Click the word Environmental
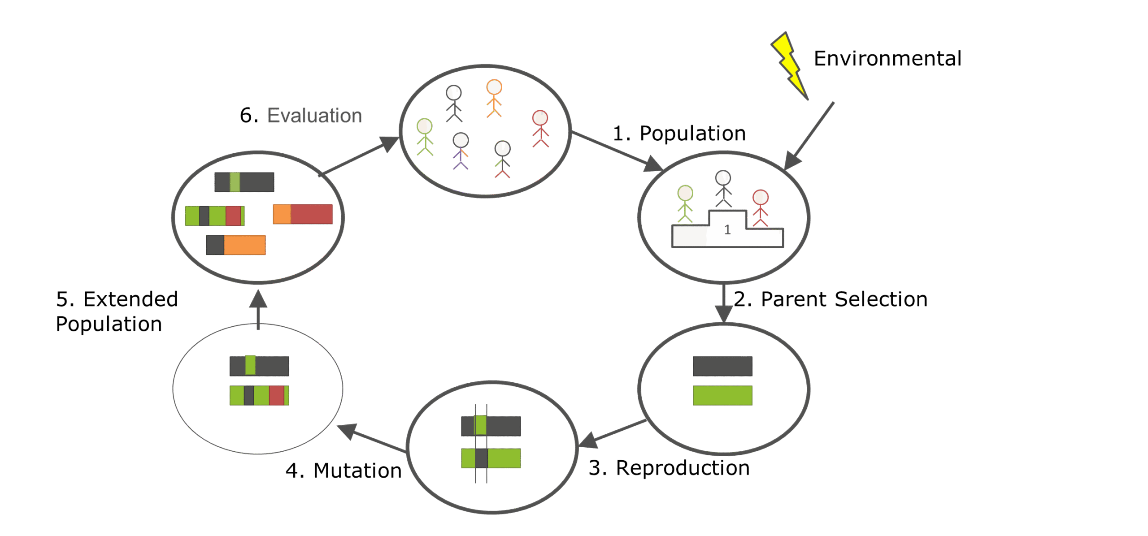pos(887,59)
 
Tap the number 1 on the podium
pos(727,230)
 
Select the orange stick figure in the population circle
pos(494,98)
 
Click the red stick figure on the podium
pos(760,208)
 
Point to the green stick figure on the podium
pos(685,204)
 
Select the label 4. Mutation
pos(344,471)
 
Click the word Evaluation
pos(314,116)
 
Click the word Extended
pos(130,299)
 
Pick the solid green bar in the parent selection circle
pos(722,395)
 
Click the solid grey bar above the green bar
pos(722,366)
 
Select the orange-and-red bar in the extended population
pos(303,214)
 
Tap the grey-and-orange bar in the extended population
pos(236,245)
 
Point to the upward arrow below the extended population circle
pos(258,309)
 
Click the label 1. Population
pos(679,134)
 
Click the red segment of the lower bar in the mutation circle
pos(276,395)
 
